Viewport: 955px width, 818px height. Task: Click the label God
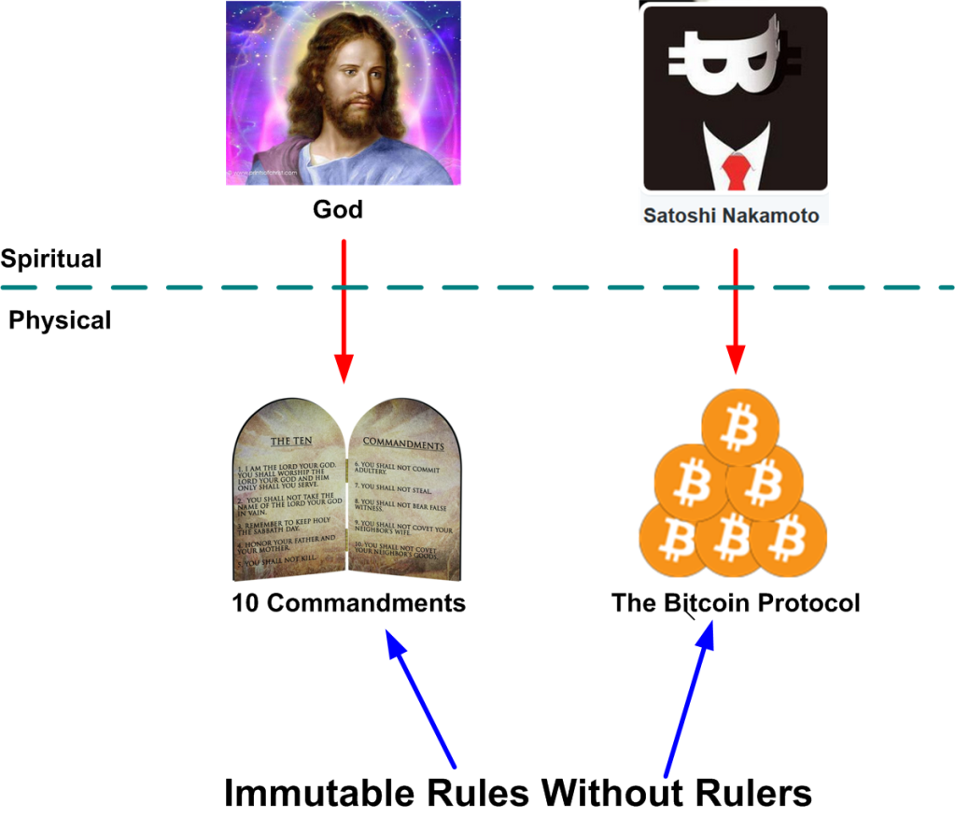click(x=337, y=210)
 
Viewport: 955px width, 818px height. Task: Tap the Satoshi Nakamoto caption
click(x=731, y=216)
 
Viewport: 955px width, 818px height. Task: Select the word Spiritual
click(x=51, y=259)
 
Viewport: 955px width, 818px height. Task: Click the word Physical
click(x=60, y=320)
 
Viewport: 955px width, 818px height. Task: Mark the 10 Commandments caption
click(x=348, y=603)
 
